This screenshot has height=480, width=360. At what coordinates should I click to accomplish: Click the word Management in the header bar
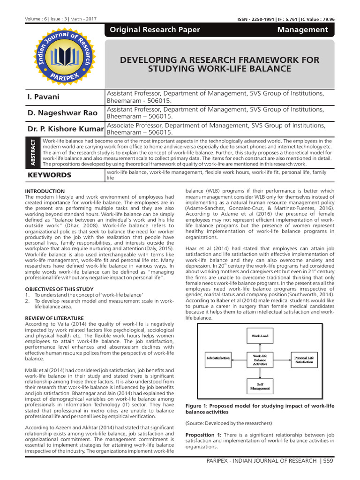[x=309, y=30]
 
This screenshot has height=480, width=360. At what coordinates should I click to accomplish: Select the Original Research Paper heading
[x=154, y=30]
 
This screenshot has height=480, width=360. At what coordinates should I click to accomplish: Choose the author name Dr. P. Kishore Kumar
[x=66, y=129]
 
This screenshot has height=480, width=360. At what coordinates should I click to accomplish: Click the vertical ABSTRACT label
[x=33, y=152]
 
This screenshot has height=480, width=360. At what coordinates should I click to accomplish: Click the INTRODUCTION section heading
[x=45, y=191]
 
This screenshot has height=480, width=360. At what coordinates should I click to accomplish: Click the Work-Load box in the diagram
[x=260, y=337]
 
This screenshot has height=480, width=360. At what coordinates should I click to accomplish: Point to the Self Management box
[x=260, y=386]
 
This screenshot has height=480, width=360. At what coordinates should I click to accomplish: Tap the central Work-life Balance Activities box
[x=260, y=360]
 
